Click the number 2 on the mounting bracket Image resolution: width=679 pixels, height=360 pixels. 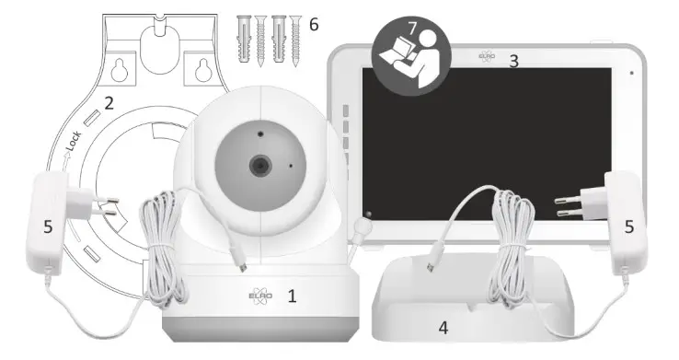click(109, 103)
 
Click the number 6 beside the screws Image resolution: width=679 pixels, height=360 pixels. click(315, 24)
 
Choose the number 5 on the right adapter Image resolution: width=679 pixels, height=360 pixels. click(629, 225)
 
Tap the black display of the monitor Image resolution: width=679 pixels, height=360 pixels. click(488, 147)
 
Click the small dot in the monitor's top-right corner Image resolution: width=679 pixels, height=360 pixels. click(632, 72)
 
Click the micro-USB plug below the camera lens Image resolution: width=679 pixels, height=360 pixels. click(240, 262)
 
